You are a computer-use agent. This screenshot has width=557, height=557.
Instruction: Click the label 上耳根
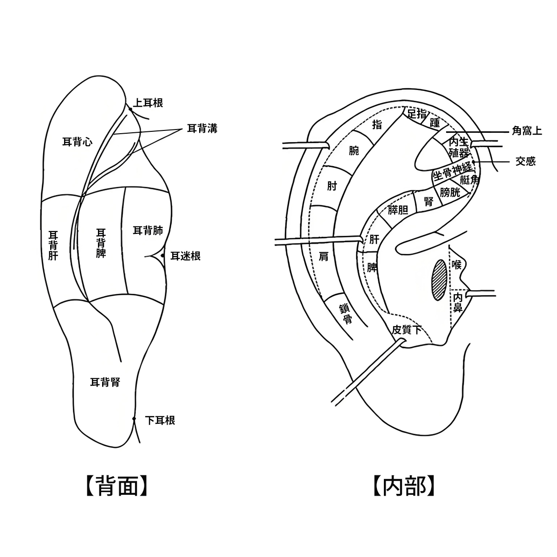coord(148,103)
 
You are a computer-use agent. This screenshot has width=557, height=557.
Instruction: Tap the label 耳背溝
coord(202,128)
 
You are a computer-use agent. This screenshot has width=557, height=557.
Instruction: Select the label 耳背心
coord(78,142)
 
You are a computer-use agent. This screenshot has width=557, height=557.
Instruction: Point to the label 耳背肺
coord(148,231)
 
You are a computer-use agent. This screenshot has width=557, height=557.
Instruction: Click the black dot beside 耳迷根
coord(162,255)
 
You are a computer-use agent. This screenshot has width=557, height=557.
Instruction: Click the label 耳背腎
coord(105,382)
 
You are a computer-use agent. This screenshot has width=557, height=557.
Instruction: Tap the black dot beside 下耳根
coord(134,419)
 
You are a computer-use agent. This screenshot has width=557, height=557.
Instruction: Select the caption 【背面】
coord(117,486)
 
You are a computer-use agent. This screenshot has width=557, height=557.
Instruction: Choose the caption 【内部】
coord(404,486)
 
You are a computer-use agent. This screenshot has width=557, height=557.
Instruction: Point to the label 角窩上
coord(527,131)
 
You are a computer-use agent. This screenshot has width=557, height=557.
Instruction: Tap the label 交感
coord(525,161)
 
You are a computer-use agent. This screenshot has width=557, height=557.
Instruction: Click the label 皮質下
coord(407,330)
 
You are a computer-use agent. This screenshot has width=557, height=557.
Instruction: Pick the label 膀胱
coord(450,192)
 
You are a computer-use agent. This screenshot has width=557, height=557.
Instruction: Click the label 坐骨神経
coord(453,172)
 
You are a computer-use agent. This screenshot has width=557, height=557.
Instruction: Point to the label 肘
coord(332,186)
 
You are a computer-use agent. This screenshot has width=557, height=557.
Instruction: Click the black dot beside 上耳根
coord(130,109)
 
